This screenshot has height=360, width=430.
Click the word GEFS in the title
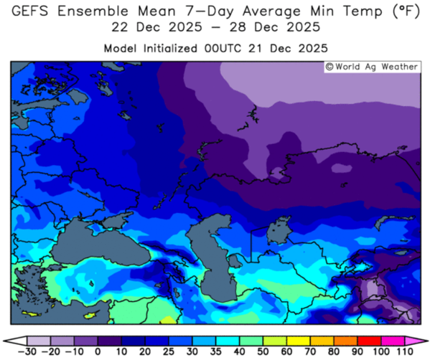pos(35,11)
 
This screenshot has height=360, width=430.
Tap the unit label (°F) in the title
pos(403,11)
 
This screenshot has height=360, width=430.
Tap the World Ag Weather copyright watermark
pos(371,67)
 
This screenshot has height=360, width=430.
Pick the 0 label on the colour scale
pos(97,351)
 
